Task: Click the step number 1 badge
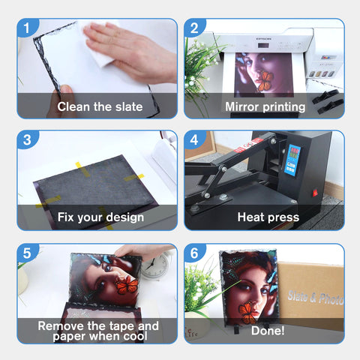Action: tap(27, 27)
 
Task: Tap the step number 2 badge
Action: tap(194, 27)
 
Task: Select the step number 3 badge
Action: tap(27, 139)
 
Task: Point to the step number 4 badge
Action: tap(194, 139)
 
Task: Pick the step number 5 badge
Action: tap(27, 253)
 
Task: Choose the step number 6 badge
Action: tap(194, 253)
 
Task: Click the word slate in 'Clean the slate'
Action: tap(129, 106)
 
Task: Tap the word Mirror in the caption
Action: tap(241, 106)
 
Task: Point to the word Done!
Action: tap(268, 331)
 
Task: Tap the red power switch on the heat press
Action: tap(315, 193)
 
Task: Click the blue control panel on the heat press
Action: tap(292, 160)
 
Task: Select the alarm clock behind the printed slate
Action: tap(154, 266)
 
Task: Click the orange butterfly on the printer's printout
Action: tap(265, 81)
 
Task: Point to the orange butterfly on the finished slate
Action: tap(247, 313)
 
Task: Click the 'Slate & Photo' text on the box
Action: tap(316, 298)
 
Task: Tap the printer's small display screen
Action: tap(263, 46)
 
